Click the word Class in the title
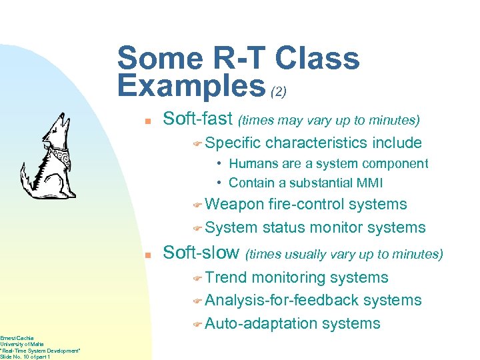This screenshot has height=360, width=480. tap(317, 59)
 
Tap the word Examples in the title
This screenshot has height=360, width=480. tap(191, 86)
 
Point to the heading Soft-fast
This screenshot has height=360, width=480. tap(197, 120)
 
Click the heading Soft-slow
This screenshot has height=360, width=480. tap(201, 253)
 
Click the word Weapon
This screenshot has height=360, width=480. tap(235, 205)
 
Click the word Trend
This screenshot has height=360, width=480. tap(227, 277)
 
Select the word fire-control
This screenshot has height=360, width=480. tap(306, 205)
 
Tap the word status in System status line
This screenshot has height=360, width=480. tap(285, 227)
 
